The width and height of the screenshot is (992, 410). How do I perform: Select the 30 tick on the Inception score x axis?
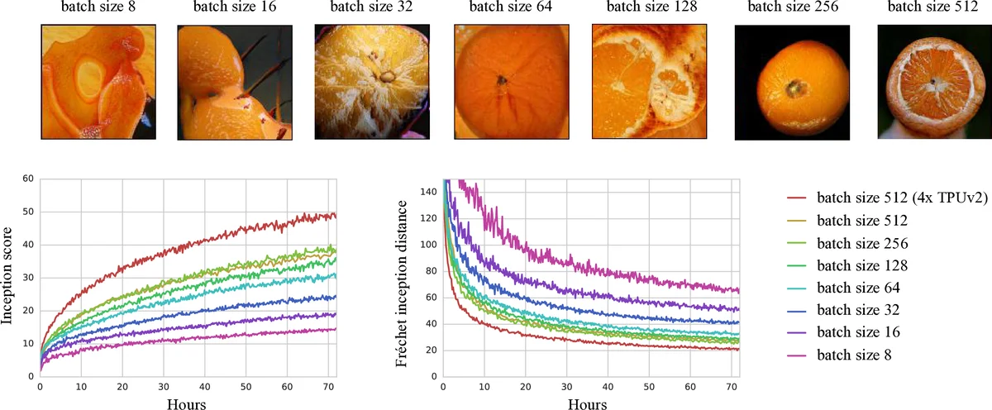(163, 387)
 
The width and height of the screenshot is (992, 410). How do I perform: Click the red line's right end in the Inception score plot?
(335, 216)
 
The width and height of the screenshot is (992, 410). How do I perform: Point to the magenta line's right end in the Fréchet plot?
(737, 290)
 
